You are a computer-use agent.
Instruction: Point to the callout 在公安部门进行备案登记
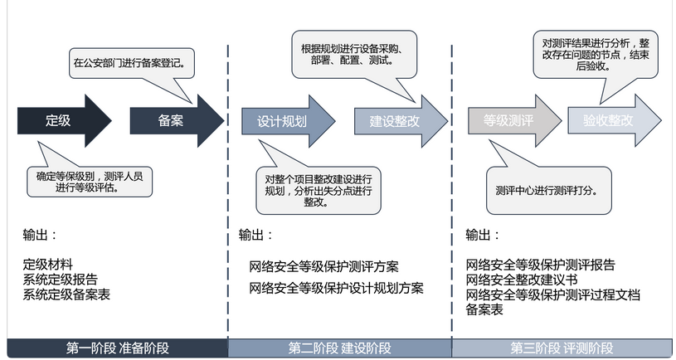point(133,62)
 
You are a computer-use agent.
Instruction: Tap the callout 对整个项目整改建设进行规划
point(319,190)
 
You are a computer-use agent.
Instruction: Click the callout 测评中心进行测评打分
point(547,190)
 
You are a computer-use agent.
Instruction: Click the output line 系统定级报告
point(61,279)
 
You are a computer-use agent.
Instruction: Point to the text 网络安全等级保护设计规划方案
point(336,288)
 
